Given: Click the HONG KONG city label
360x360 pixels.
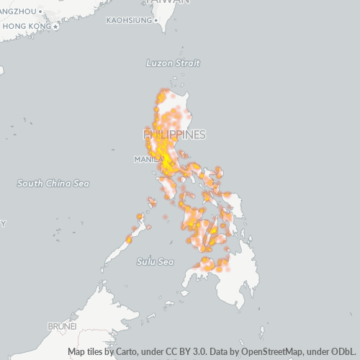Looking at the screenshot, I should point(27,27).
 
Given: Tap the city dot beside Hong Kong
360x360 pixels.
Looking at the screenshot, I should point(56,27).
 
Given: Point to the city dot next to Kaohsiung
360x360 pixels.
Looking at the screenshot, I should point(156,20).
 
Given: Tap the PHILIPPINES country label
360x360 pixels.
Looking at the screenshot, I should point(174,135).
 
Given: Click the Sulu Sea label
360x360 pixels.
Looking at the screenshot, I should point(156,261).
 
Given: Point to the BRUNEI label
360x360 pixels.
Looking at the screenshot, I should point(62,326).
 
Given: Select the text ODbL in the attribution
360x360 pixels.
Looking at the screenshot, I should point(343,352).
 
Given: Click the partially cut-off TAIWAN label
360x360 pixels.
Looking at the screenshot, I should point(166,2).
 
